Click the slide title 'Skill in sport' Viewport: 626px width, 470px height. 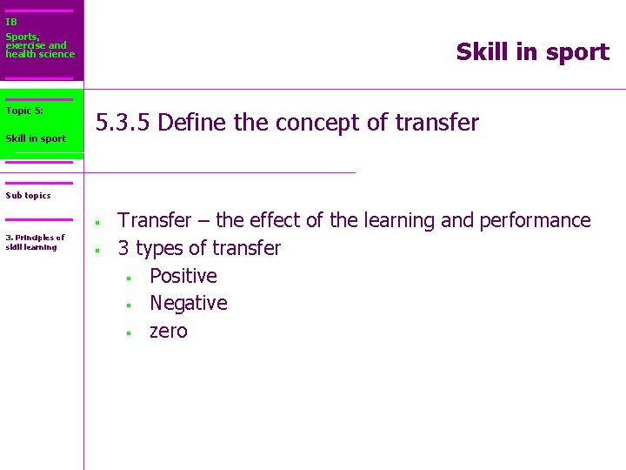click(532, 52)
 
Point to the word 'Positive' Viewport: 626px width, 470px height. click(183, 276)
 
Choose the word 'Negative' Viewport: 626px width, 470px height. click(188, 303)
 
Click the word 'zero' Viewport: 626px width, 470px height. click(168, 331)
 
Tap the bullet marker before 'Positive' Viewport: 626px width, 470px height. click(127, 279)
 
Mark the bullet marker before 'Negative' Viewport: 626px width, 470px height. click(127, 305)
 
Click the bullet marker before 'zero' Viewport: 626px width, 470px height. click(127, 333)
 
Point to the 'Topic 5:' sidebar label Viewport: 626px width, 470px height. click(24, 111)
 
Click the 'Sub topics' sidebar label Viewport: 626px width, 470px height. click(28, 196)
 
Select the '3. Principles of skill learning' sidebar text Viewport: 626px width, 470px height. click(35, 242)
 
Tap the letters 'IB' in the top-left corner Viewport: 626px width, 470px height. click(11, 22)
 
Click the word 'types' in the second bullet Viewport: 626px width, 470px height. click(162, 249)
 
